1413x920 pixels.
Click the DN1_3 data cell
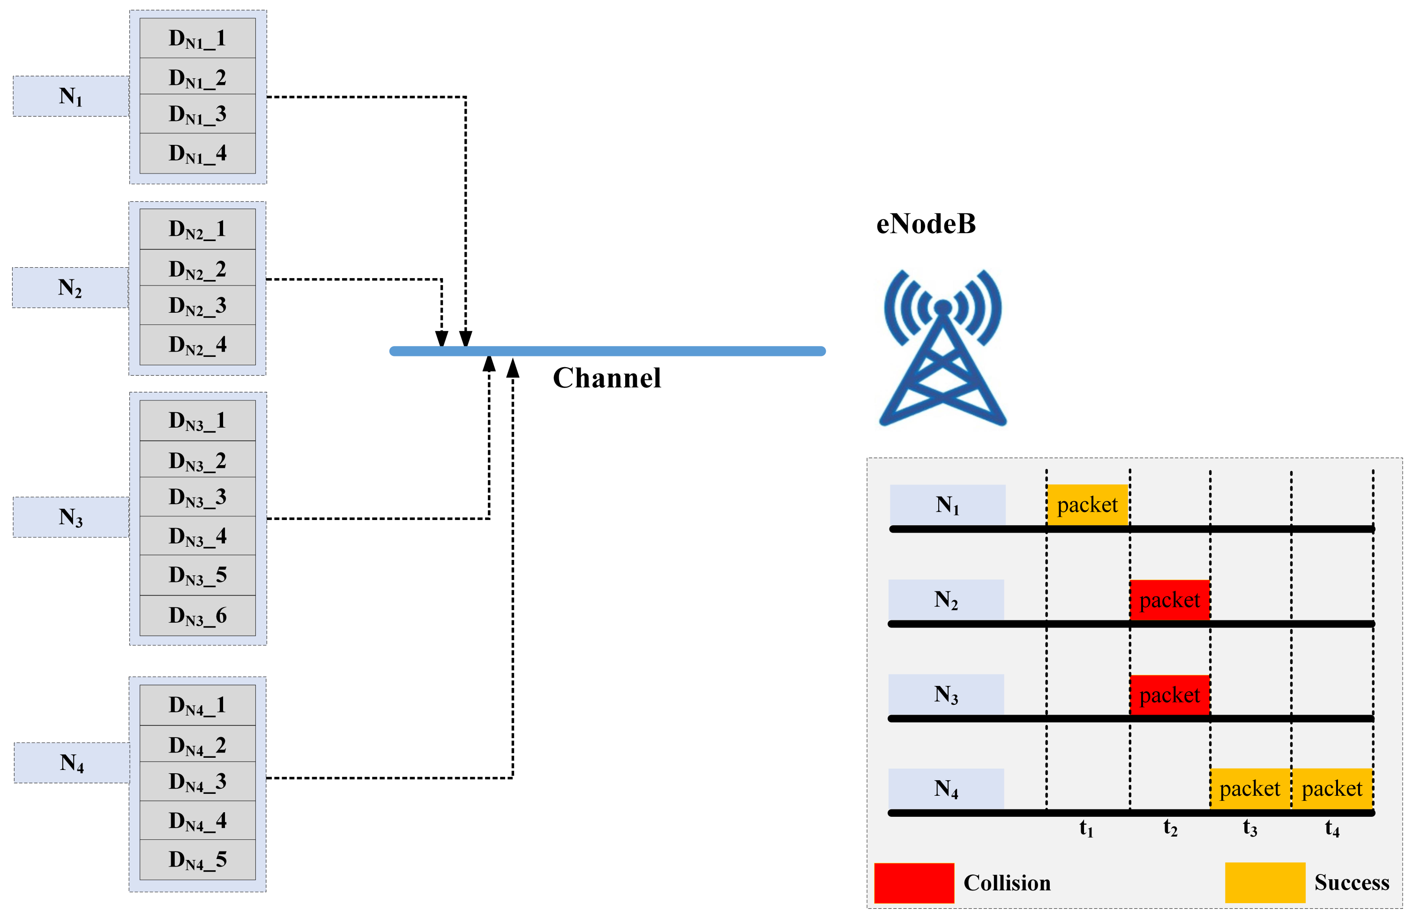pos(197,113)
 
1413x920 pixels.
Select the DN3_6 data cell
pos(197,615)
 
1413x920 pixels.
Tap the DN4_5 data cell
pos(197,860)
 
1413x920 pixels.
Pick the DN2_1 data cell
pos(197,229)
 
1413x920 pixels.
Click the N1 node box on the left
pos(71,96)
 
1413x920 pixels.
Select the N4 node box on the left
pos(71,762)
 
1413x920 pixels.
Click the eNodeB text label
pos(926,224)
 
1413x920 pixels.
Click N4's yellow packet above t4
pos(1331,789)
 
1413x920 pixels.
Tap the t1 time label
pos(1086,828)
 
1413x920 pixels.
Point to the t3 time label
pos(1250,828)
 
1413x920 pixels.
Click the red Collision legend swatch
pos(914,883)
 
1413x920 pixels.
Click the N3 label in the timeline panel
pos(946,694)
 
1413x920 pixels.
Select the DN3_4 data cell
pos(197,535)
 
